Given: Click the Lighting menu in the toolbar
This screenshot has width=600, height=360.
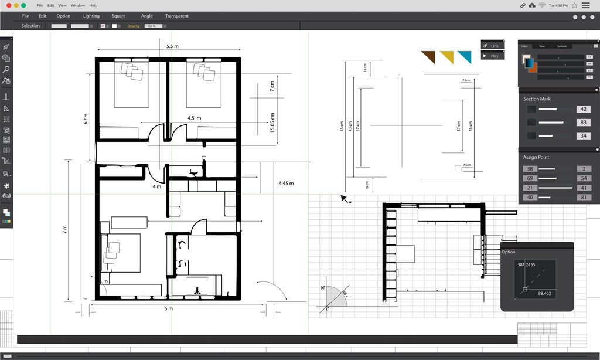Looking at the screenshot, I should click(91, 16).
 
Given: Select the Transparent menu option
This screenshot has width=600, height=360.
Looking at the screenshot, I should click(177, 16).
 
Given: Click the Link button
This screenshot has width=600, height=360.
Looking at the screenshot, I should click(493, 46).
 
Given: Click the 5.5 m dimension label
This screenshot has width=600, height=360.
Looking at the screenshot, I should click(172, 46).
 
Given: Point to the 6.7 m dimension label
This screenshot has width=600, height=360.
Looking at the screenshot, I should click(86, 118).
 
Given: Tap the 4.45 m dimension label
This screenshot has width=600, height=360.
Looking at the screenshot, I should click(286, 184).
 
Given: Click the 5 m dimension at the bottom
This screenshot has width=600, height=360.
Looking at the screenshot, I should click(168, 308).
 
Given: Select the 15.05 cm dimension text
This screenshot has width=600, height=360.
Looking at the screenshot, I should click(272, 123).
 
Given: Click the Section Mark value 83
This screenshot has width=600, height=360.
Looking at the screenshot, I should click(583, 123).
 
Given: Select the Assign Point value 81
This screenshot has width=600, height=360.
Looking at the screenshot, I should click(584, 198).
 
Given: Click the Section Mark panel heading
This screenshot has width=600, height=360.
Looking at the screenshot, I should click(537, 99).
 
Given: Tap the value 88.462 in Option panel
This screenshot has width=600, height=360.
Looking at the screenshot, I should click(546, 293).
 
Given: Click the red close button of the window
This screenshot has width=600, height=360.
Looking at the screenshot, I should click(8, 5).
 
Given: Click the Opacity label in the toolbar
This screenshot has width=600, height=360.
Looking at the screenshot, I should click(134, 26).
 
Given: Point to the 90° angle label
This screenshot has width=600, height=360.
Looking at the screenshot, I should click(322, 288).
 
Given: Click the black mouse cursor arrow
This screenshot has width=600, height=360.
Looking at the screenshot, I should click(345, 199).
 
